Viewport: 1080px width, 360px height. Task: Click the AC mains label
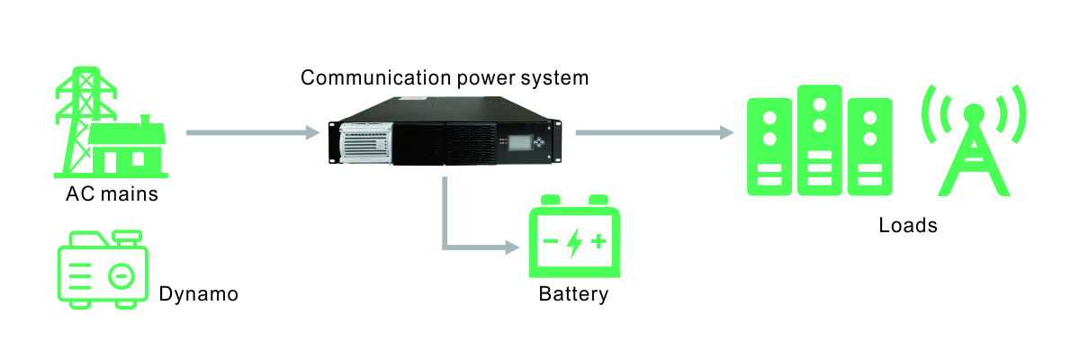(112, 193)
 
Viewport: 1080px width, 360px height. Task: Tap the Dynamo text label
(199, 294)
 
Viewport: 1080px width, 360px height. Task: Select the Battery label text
(573, 294)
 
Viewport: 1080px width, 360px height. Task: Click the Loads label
(908, 225)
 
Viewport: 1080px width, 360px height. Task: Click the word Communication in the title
(376, 77)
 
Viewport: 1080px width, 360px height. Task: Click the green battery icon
(574, 236)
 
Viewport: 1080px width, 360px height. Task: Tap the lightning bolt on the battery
(574, 242)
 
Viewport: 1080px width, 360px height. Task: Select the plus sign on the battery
(598, 241)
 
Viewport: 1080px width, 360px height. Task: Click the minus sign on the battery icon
(551, 241)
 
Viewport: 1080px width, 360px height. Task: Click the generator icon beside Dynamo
(103, 269)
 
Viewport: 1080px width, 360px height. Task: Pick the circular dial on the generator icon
(121, 276)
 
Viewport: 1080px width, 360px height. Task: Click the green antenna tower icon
(974, 140)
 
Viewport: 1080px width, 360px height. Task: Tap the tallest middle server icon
(820, 140)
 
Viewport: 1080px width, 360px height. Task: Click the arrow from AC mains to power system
(253, 132)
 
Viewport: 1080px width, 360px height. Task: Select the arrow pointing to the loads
(655, 132)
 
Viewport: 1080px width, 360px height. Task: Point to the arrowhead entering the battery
(512, 247)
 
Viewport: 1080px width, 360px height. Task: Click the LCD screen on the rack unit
(520, 142)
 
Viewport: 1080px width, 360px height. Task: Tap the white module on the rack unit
(366, 143)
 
